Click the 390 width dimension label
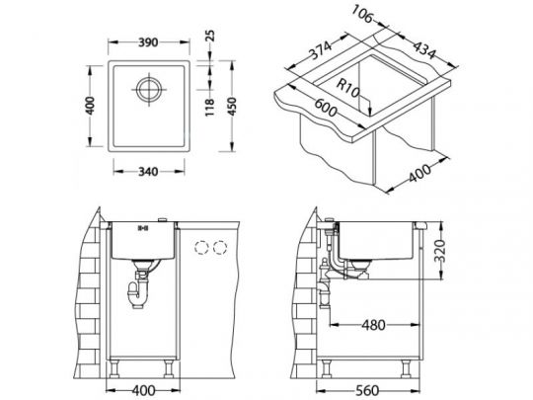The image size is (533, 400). click(x=148, y=42)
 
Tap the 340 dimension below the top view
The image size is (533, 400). click(x=148, y=172)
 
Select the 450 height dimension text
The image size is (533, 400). click(x=232, y=107)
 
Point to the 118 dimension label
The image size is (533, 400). click(x=209, y=107)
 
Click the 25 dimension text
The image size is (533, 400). click(x=210, y=36)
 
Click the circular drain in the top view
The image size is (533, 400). click(x=149, y=90)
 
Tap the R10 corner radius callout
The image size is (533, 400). click(x=347, y=88)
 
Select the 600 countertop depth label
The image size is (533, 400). click(x=326, y=108)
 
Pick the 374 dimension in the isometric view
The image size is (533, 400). click(x=320, y=50)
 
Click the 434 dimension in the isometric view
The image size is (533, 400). click(x=423, y=50)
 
